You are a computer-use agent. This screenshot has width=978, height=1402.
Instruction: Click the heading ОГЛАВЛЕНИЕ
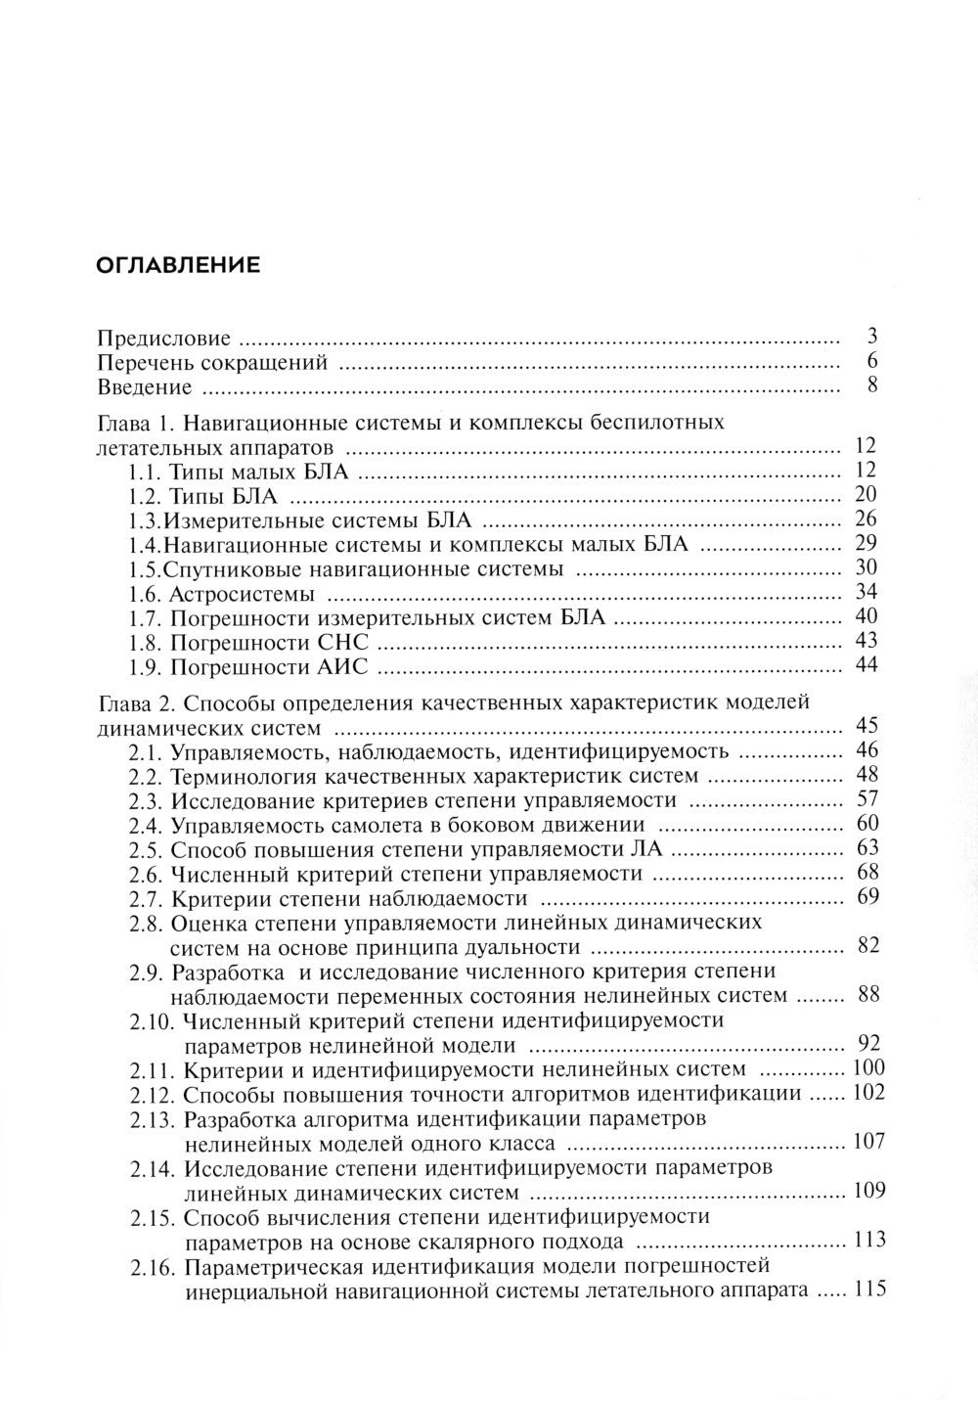tap(177, 265)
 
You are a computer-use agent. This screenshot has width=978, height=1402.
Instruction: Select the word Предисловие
tap(164, 339)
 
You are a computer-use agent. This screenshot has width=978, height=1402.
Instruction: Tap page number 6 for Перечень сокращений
tap(871, 362)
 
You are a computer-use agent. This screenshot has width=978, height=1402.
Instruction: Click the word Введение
tap(145, 387)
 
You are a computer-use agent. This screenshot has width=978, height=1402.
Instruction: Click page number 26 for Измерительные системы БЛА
tap(866, 519)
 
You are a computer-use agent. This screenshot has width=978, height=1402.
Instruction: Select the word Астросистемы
tap(242, 594)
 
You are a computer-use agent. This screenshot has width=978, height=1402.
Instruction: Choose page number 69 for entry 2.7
tap(867, 896)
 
